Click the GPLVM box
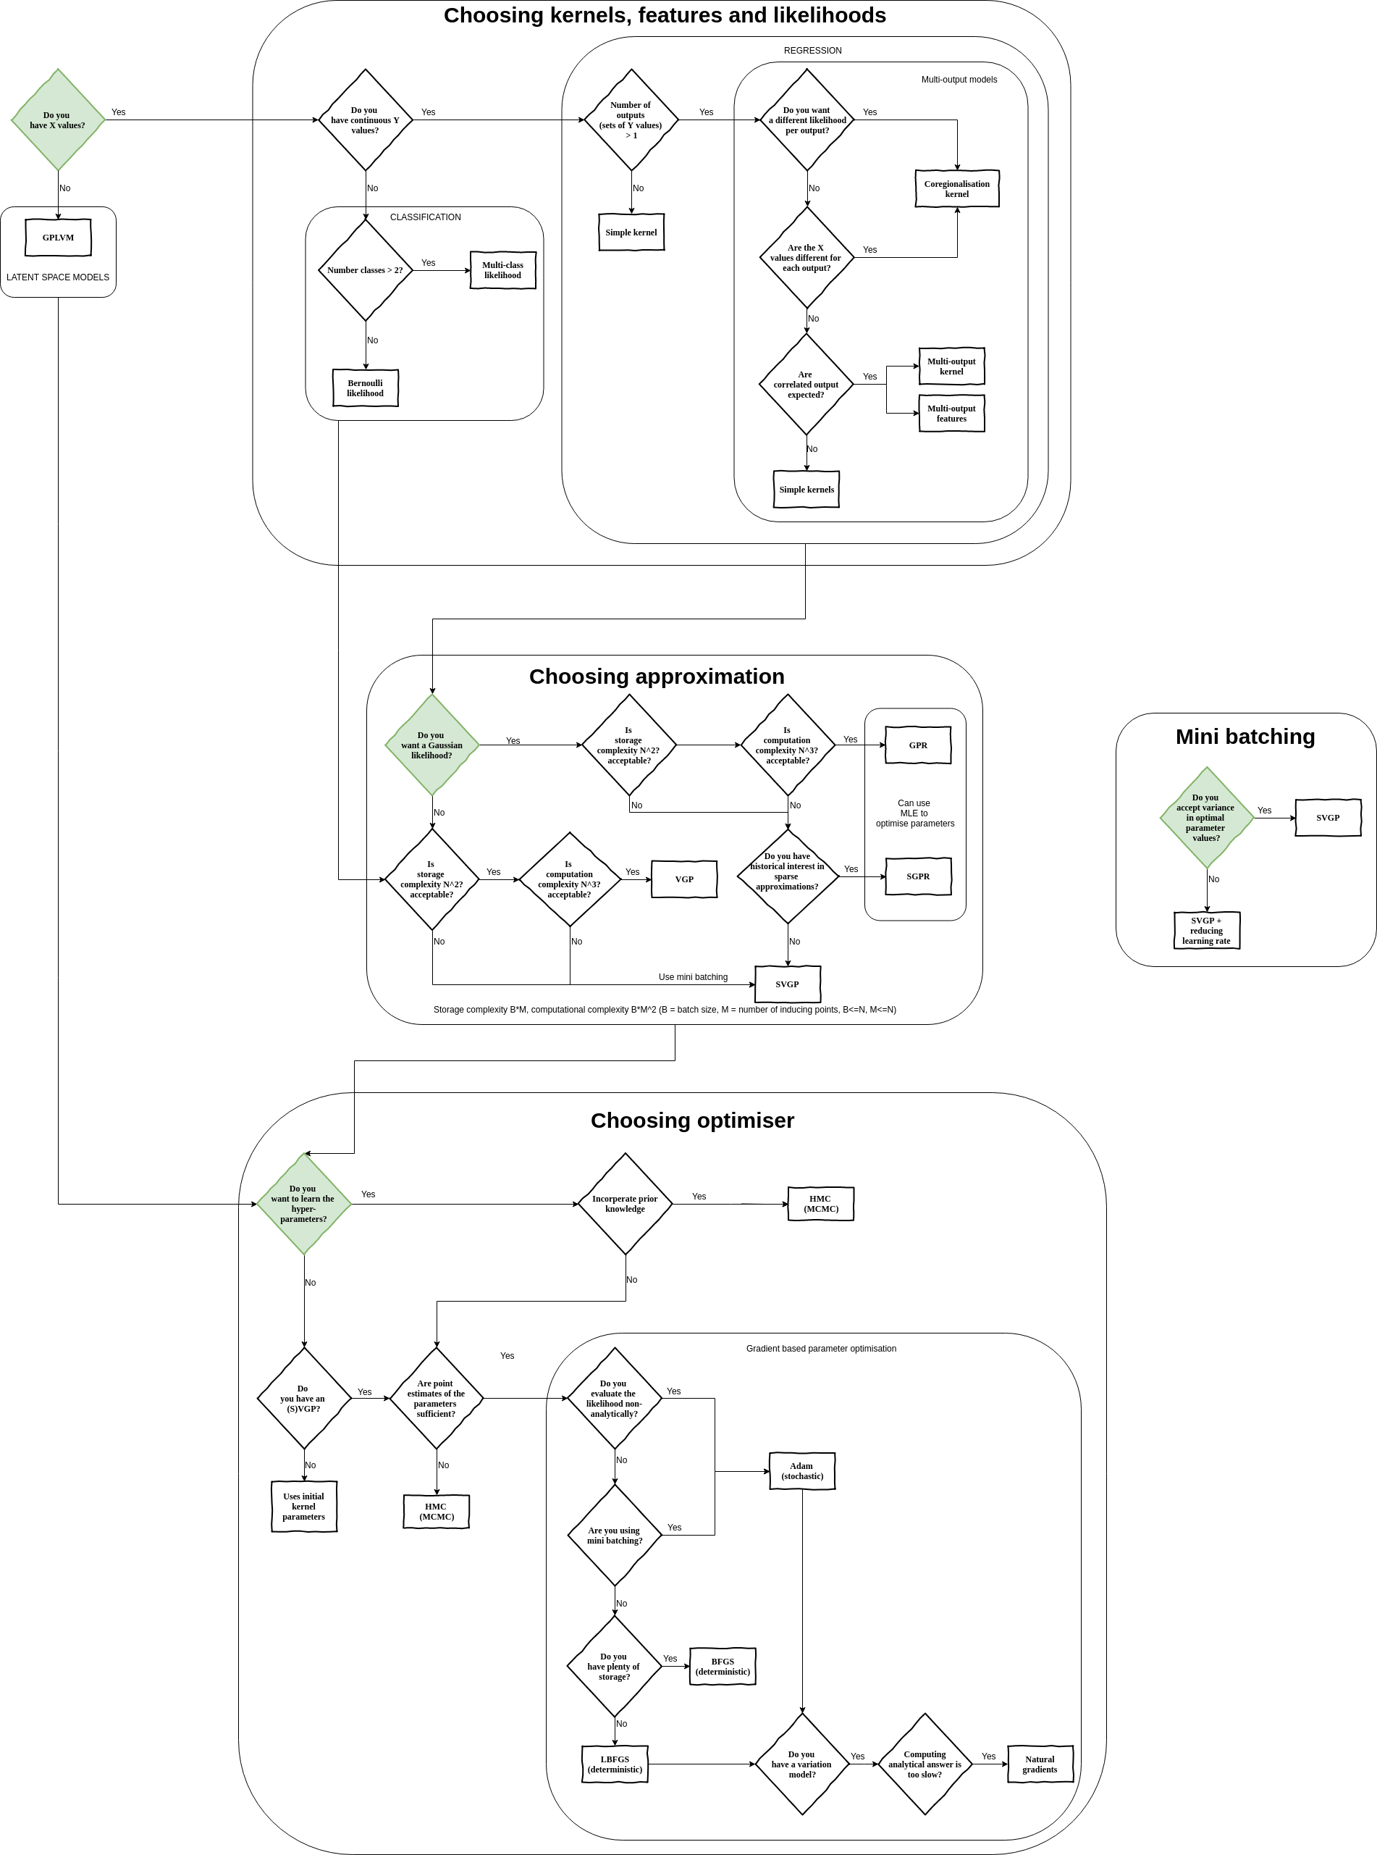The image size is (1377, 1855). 59,238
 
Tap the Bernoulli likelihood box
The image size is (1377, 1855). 365,388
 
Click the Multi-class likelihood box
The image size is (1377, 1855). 502,270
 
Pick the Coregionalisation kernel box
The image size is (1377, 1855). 956,188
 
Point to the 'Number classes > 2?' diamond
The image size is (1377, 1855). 365,270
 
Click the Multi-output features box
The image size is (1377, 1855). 951,414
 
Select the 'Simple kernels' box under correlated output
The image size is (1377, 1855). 806,490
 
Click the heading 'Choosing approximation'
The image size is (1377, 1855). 656,676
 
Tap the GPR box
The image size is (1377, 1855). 918,745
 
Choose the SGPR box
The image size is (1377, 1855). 918,876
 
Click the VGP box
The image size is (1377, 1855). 683,879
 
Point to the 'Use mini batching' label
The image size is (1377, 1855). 693,977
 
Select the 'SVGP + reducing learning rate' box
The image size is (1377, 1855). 1205,931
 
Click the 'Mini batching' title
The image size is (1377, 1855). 1245,736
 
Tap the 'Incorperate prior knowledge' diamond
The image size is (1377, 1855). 624,1204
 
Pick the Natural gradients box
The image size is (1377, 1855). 1040,1764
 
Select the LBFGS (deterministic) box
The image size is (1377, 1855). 615,1764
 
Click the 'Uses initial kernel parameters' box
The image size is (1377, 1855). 303,1507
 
